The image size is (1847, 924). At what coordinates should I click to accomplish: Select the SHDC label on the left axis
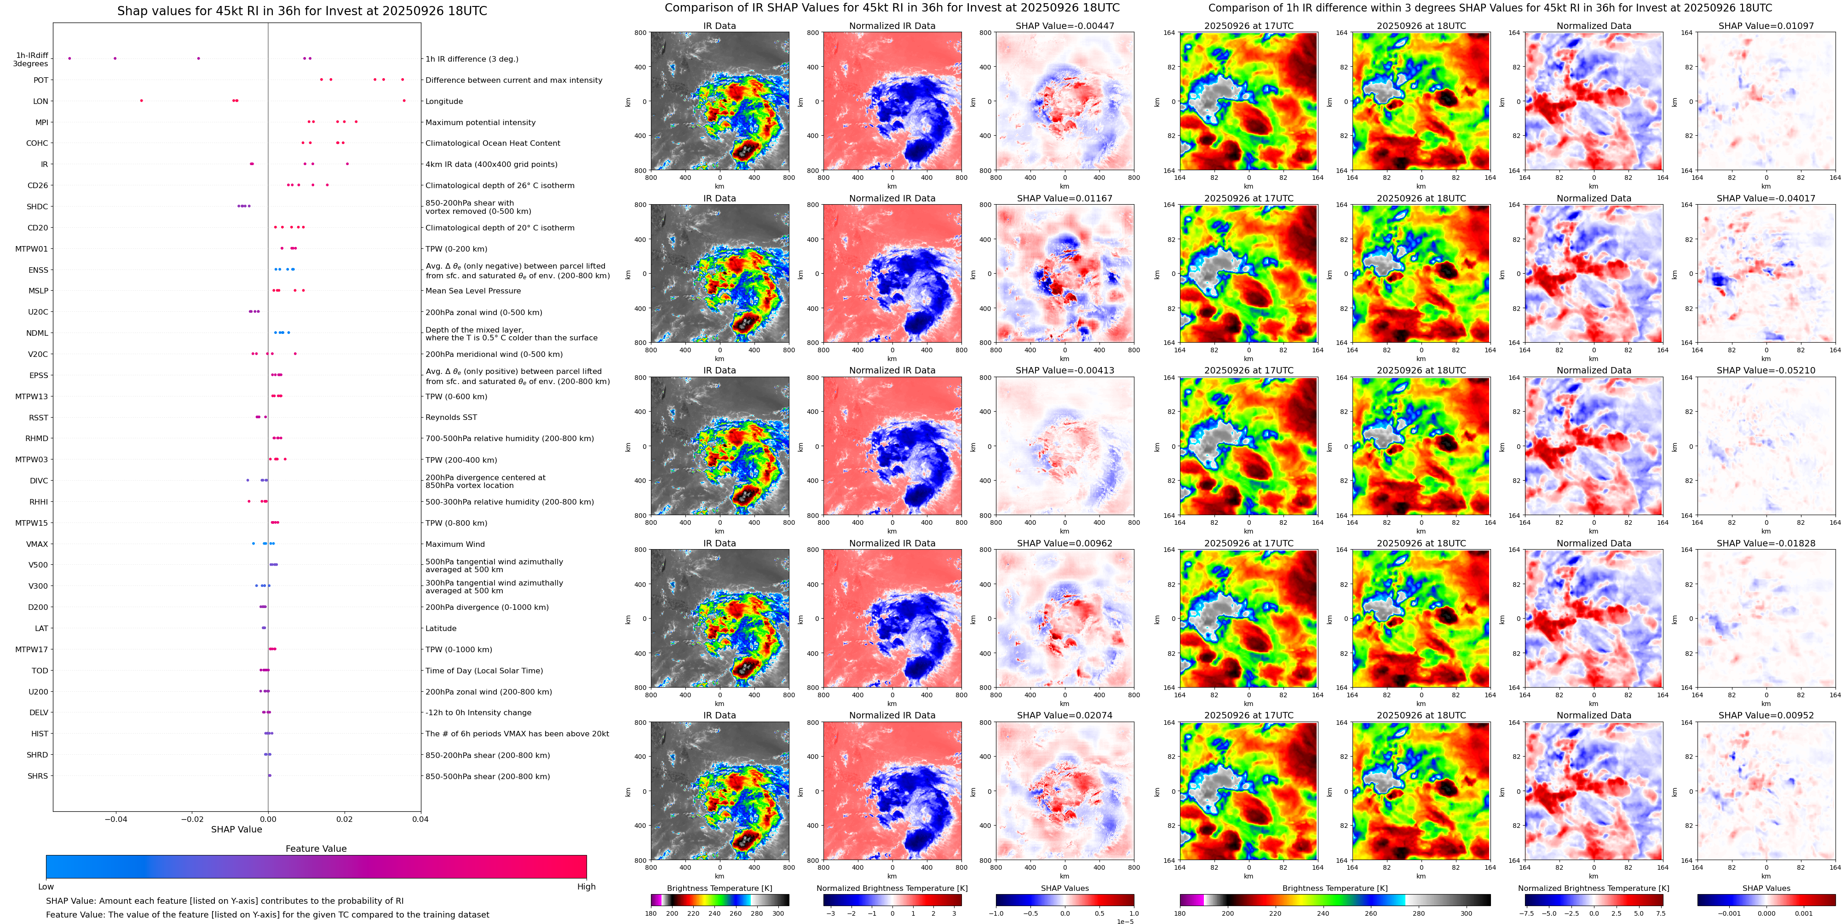click(37, 207)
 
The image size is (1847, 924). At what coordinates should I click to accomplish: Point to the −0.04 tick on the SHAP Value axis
click(115, 819)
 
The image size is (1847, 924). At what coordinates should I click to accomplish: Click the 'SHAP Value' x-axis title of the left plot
click(236, 829)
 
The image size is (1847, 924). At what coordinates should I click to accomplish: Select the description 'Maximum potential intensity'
click(480, 123)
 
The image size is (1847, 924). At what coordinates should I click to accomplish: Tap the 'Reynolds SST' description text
click(451, 417)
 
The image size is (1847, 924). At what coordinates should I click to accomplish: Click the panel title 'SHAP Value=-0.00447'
click(1065, 26)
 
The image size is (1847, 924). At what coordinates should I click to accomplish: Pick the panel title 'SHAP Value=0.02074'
click(1065, 715)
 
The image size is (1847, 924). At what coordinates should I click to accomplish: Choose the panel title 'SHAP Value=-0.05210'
click(1766, 371)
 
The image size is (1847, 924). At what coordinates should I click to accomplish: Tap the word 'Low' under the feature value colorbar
click(46, 887)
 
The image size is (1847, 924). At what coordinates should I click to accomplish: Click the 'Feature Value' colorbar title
click(316, 849)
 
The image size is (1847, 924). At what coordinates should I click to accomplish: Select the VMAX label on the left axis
click(37, 544)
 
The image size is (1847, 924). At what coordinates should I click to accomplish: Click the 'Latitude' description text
click(441, 629)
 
